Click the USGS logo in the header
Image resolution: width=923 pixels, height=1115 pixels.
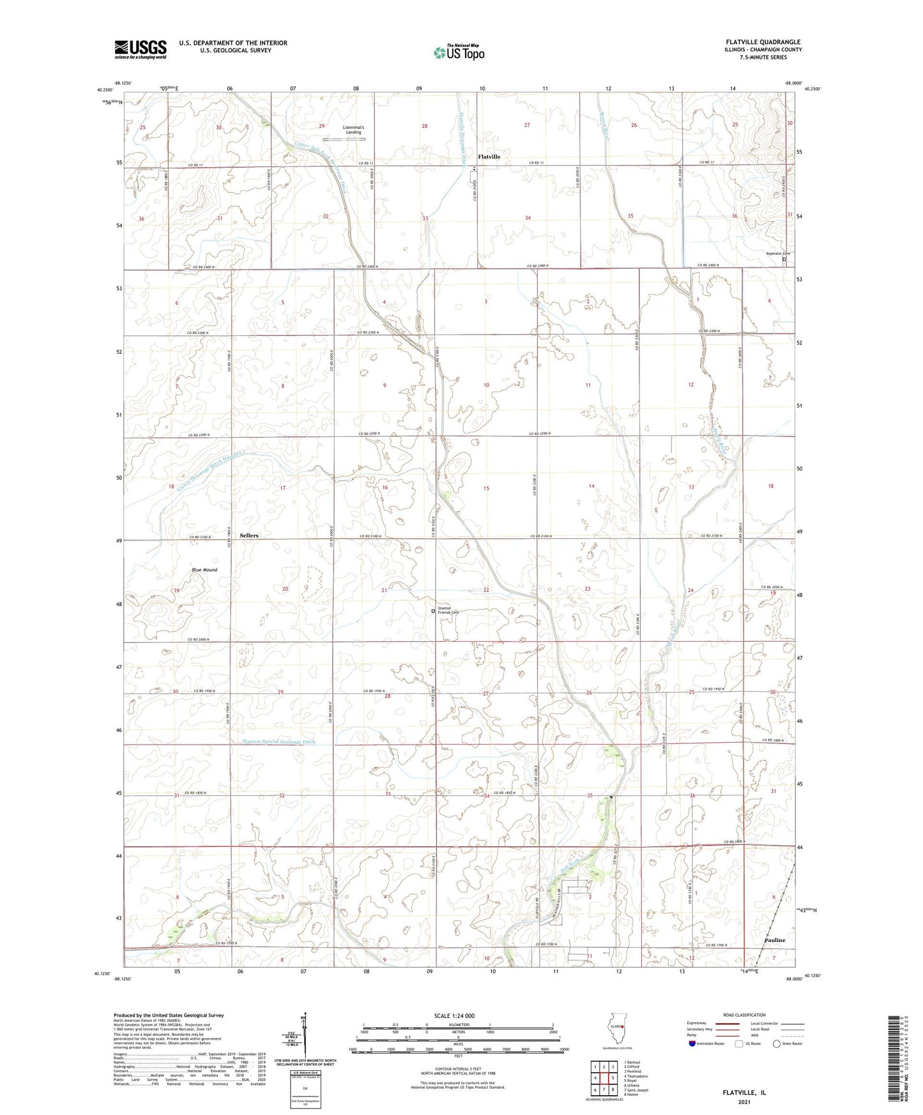point(141,49)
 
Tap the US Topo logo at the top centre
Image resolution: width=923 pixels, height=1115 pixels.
point(459,52)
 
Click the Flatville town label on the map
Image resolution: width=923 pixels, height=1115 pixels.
point(489,156)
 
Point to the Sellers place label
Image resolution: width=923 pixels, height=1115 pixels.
point(249,535)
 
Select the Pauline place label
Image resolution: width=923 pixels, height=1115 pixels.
point(775,940)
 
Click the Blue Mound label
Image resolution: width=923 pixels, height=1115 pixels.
point(204,570)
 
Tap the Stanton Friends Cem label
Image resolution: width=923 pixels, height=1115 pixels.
point(448,611)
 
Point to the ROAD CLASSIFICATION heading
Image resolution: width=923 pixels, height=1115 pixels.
point(745,1015)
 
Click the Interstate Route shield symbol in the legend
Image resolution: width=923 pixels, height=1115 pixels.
point(692,1044)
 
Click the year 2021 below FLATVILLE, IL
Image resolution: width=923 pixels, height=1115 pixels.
point(744,1102)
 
